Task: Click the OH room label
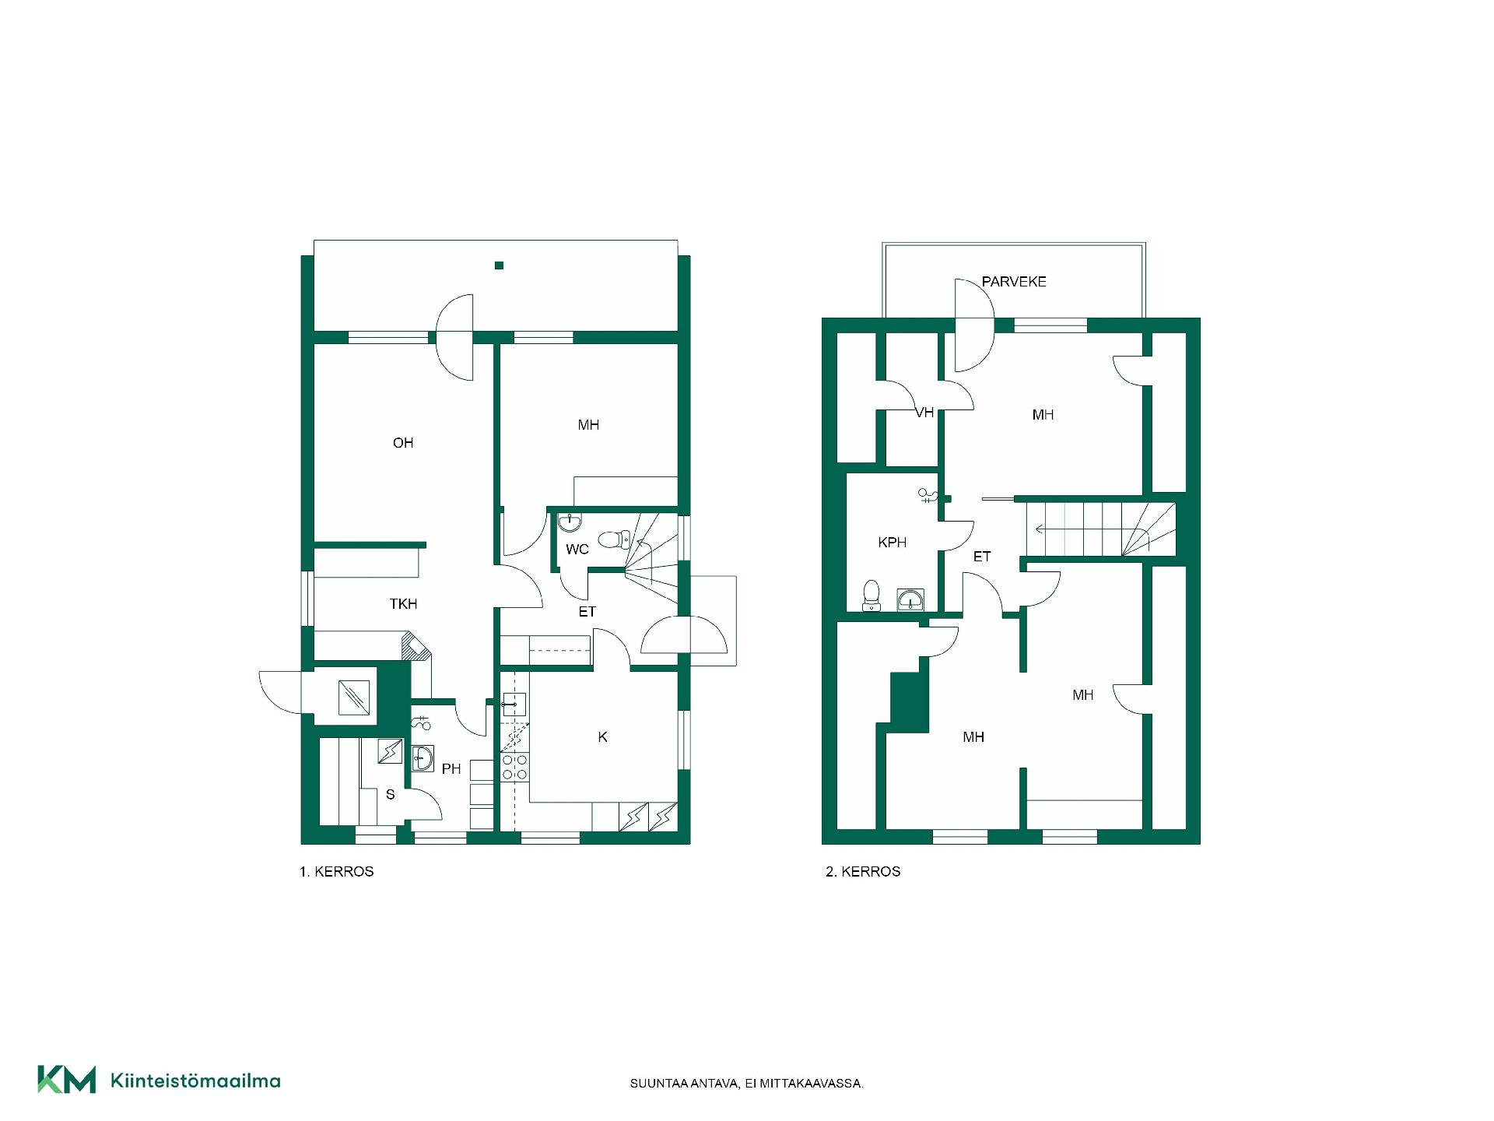(403, 443)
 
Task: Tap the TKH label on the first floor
(404, 603)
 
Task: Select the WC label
(577, 550)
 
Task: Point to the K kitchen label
(603, 736)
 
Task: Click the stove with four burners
(514, 767)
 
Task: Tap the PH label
(451, 769)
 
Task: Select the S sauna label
(391, 795)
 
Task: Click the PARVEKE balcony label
(1014, 282)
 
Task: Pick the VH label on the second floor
(924, 413)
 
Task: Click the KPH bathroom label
(893, 543)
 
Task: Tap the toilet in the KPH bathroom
(871, 596)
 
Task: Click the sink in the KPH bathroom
(910, 599)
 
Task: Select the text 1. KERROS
(337, 872)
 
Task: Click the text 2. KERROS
(863, 872)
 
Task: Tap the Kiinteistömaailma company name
(195, 1081)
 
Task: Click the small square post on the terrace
(500, 265)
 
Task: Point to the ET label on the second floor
(982, 557)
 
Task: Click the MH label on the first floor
(588, 425)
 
